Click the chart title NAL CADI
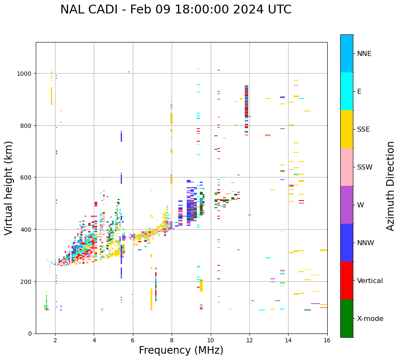175,10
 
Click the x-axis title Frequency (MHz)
181,350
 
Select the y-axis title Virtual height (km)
9,188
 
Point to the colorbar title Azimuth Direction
391,186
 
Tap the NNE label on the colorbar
364,53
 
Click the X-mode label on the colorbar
370,319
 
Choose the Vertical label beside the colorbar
370,281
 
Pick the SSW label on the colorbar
365,167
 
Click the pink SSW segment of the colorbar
347,167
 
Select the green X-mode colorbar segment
347,318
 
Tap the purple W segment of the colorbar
347,205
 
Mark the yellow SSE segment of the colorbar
347,129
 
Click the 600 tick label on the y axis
26,177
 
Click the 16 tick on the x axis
327,341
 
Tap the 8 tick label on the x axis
172,341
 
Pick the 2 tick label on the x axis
55,341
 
